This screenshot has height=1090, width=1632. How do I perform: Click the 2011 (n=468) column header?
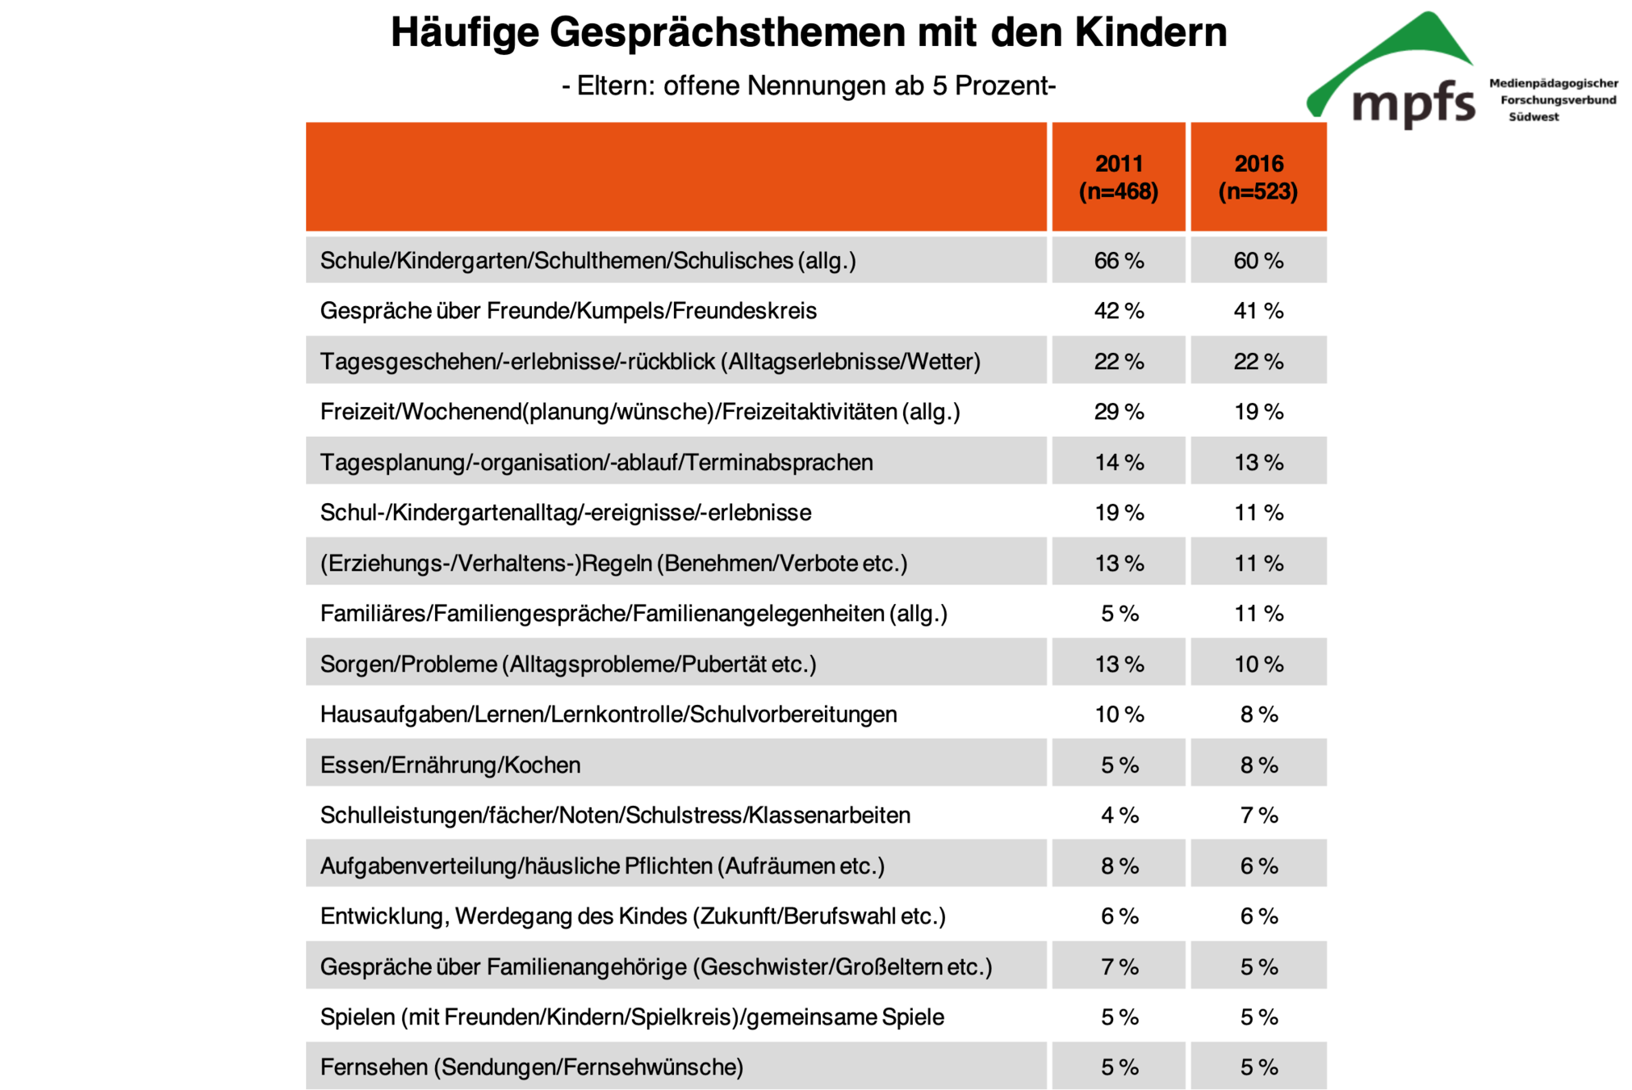[1118, 177]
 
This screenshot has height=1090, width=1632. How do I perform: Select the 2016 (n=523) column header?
[1257, 177]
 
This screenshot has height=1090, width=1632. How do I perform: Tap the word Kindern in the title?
[1150, 33]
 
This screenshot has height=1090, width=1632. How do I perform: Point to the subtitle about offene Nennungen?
[809, 85]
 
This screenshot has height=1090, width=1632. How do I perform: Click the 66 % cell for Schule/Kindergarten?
[1118, 261]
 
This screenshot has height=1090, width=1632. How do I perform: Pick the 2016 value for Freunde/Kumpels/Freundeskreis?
[1257, 311]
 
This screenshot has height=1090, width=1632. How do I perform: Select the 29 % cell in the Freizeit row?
[1118, 412]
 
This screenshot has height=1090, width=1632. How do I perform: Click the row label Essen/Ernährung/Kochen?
[450, 765]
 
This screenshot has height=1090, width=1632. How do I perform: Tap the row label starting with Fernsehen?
[531, 1067]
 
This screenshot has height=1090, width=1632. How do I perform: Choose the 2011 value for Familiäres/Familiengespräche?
[1119, 614]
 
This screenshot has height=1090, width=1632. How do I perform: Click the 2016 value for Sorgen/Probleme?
[1257, 664]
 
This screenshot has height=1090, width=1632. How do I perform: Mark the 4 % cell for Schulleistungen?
[1119, 815]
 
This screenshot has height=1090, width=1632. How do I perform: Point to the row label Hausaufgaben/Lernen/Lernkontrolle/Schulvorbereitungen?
[608, 715]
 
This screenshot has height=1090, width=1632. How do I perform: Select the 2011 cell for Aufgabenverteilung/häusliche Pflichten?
[1119, 866]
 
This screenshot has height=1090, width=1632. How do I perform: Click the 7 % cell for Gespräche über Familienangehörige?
[1119, 966]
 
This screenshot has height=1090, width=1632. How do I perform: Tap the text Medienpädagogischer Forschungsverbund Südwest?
[1553, 99]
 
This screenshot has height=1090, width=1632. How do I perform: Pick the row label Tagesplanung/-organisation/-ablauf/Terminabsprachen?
[596, 463]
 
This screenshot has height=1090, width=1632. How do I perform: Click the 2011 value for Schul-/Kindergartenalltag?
[1118, 513]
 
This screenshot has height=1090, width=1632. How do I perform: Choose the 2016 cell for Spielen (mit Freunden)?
[1257, 1017]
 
